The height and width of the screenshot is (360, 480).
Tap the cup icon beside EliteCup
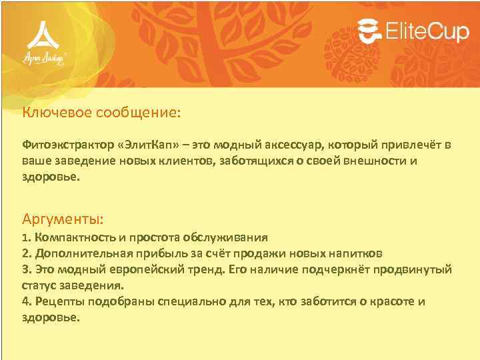point(371,31)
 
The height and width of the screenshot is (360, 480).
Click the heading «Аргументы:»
point(63,219)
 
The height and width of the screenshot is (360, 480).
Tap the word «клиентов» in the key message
point(183,161)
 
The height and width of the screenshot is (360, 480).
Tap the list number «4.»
point(27,301)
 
